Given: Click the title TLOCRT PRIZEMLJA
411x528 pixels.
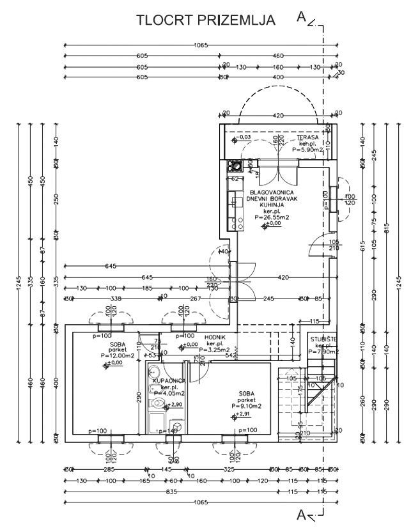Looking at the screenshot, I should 206,20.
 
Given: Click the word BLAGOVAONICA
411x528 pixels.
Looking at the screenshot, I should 272,192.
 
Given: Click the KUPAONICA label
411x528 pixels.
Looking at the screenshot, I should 168,381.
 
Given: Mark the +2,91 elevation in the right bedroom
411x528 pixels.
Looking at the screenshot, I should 243,415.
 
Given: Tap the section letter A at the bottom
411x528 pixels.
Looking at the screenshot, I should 302,513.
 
